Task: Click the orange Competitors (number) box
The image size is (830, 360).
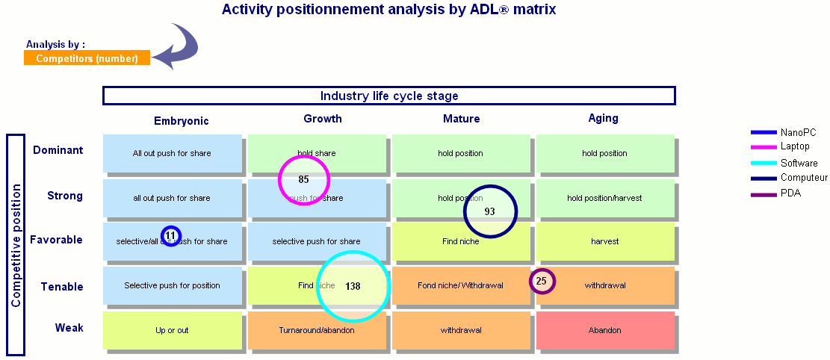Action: pyautogui.click(x=87, y=58)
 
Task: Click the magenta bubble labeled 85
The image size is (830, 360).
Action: pyautogui.click(x=303, y=179)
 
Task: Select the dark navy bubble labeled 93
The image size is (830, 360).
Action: pyautogui.click(x=490, y=211)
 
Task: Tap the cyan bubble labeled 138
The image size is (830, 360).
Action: pyautogui.click(x=353, y=286)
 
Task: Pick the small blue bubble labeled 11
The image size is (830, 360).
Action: pyautogui.click(x=171, y=235)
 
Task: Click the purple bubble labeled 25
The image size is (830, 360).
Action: pyautogui.click(x=542, y=281)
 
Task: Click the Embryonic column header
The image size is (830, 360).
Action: pyautogui.click(x=182, y=121)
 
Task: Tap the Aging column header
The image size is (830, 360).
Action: pyautogui.click(x=603, y=118)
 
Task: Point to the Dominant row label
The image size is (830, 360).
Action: pyautogui.click(x=58, y=150)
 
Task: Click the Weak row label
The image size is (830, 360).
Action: pyautogui.click(x=69, y=328)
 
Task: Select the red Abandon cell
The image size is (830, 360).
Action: pyautogui.click(x=605, y=330)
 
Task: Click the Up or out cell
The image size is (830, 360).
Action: pyautogui.click(x=172, y=330)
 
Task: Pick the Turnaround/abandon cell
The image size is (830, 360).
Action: pyautogui.click(x=316, y=330)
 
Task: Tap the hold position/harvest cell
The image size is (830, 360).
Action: pyautogui.click(x=605, y=198)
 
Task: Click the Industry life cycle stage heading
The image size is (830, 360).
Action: pyautogui.click(x=389, y=96)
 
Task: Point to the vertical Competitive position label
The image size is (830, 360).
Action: pyautogui.click(x=16, y=245)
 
